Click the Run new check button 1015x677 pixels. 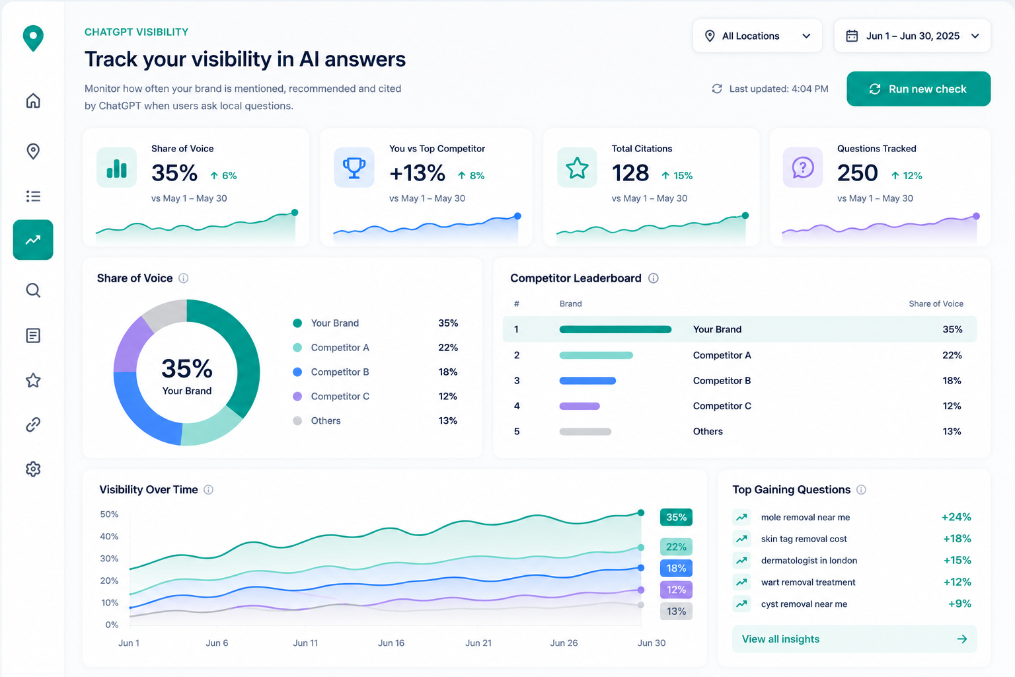click(x=918, y=89)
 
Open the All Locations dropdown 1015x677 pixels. click(x=757, y=36)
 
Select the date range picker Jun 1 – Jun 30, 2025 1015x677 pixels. click(x=912, y=36)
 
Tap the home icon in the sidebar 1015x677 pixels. click(x=33, y=100)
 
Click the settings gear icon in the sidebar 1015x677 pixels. click(x=33, y=469)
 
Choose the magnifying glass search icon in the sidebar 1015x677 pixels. click(x=33, y=290)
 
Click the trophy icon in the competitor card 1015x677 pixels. click(x=354, y=167)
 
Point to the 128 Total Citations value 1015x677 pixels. click(x=630, y=173)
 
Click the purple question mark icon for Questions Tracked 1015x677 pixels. click(x=802, y=167)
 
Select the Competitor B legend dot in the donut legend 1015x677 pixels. click(x=297, y=372)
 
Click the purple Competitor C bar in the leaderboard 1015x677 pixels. click(x=580, y=407)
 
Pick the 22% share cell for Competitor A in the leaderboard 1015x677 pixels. click(x=952, y=355)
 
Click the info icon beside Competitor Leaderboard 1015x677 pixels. click(x=653, y=278)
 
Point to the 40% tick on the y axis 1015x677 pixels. click(x=109, y=536)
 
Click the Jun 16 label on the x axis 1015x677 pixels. click(x=391, y=643)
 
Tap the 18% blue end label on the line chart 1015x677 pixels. click(x=676, y=568)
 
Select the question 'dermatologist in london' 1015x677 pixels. click(x=809, y=561)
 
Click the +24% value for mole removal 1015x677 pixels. click(x=956, y=517)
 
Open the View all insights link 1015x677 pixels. click(x=854, y=639)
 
